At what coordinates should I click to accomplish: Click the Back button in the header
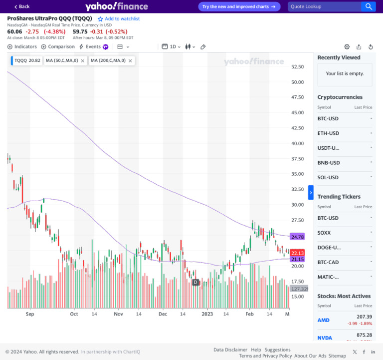tap(22, 6)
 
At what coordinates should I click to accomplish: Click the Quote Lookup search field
tap(324, 6)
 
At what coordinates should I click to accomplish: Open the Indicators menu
tap(22, 47)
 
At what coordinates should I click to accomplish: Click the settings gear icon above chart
tap(347, 47)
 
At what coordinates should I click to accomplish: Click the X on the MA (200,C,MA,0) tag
tap(130, 60)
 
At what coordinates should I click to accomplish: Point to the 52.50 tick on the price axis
tap(298, 66)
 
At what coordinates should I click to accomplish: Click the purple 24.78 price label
tap(297, 237)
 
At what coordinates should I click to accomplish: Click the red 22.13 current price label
tap(297, 253)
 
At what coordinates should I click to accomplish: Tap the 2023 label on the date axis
tap(207, 314)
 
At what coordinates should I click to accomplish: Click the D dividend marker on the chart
tap(196, 282)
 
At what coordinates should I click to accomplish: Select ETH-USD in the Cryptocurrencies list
tap(328, 133)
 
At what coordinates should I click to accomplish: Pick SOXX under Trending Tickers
tap(324, 233)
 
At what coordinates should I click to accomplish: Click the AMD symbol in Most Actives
tap(323, 320)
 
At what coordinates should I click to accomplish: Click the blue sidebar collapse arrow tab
tap(311, 192)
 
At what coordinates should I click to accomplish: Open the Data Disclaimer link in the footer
tap(230, 350)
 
